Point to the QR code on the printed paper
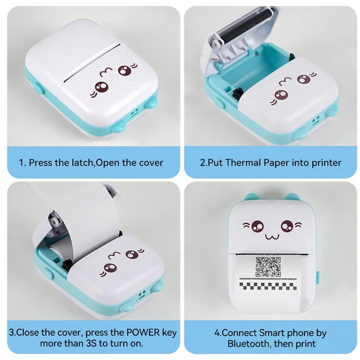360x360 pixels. coord(268,267)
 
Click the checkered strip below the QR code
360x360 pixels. coord(268,286)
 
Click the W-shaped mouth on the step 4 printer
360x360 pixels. coord(272,236)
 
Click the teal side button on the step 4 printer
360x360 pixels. coord(319,278)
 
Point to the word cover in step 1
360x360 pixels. coord(151,163)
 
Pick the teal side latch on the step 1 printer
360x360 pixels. coord(39,88)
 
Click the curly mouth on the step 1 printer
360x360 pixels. coord(106,72)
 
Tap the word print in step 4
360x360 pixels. coord(305,344)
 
